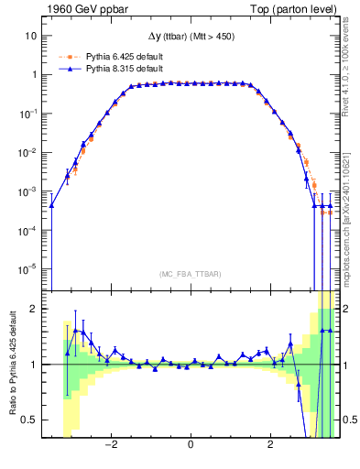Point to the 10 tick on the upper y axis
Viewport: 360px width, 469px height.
31,36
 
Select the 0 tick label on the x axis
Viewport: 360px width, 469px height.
191,446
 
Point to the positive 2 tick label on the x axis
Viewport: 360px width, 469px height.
270,446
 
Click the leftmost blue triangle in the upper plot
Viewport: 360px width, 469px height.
51,205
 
